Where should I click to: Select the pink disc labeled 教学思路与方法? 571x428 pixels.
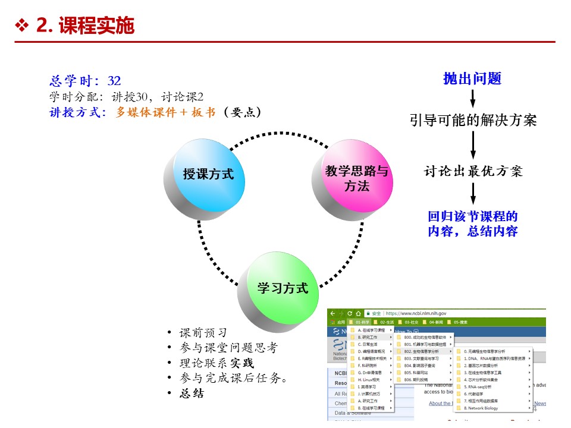coord(356,178)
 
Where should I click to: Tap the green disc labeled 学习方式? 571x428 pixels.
coord(283,288)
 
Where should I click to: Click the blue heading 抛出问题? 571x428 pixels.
coord(472,78)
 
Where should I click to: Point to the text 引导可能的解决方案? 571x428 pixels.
coord(473,120)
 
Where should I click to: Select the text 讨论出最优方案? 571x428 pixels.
coord(473,171)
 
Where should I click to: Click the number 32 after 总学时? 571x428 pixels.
coord(114,81)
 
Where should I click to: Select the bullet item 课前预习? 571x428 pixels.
coord(203,333)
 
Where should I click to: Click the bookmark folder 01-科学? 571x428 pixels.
coord(362,322)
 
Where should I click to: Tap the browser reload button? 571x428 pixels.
coord(350,313)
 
